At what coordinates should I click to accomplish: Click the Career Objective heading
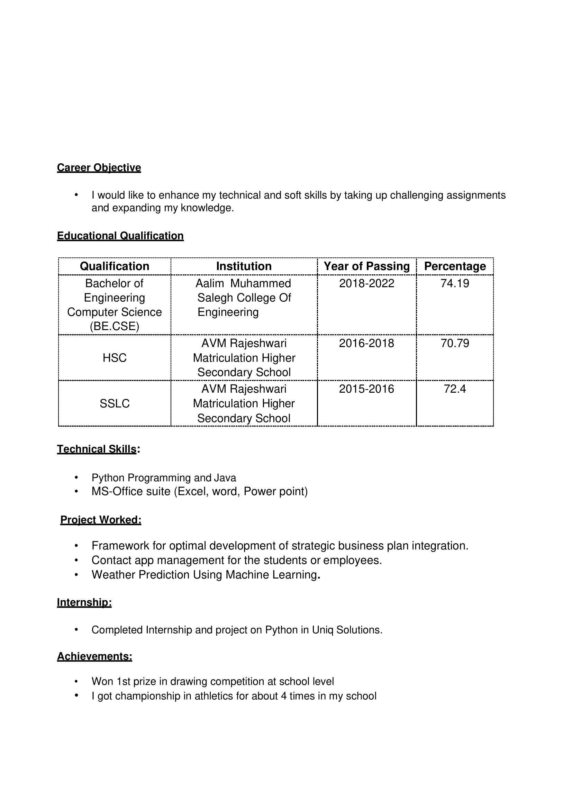[99, 167]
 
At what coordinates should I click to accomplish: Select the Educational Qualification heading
[120, 236]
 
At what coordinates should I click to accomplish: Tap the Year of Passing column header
[367, 266]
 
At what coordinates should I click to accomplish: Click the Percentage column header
[455, 266]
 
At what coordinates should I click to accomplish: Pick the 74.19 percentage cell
[455, 283]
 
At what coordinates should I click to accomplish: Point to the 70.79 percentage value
[455, 343]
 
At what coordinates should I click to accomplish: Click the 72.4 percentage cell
[455, 389]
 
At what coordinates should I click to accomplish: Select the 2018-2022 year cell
[367, 283]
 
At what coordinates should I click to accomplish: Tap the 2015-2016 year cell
[367, 389]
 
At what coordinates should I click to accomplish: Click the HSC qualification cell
[114, 358]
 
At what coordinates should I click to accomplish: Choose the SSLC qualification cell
[114, 403]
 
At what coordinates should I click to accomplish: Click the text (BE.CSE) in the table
[114, 326]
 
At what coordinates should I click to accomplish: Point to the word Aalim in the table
[210, 283]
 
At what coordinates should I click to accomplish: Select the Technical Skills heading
[97, 449]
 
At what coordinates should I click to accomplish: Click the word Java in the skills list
[225, 478]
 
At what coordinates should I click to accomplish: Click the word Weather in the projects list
[114, 575]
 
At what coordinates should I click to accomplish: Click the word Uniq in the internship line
[323, 630]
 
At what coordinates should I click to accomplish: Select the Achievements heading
[94, 656]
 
